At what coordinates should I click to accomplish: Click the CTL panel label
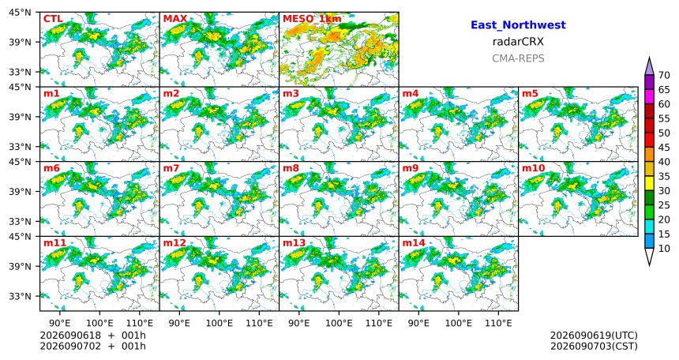(53, 19)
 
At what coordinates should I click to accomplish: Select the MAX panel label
(175, 19)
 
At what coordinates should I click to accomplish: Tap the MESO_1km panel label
(312, 19)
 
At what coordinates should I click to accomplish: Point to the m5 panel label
(530, 93)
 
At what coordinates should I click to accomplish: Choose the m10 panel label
(533, 168)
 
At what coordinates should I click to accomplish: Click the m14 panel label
(414, 243)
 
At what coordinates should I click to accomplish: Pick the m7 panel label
(171, 168)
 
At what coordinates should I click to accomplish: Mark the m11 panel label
(54, 243)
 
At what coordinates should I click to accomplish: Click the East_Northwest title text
(518, 25)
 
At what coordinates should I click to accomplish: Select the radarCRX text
(518, 42)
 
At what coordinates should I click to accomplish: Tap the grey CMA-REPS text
(518, 58)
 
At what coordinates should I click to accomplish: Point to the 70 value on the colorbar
(664, 75)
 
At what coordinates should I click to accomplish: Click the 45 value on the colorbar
(664, 148)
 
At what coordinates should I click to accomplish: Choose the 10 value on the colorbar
(664, 248)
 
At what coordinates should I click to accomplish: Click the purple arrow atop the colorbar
(649, 66)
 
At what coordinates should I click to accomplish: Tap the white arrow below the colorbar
(649, 257)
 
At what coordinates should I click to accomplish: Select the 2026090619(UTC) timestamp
(594, 336)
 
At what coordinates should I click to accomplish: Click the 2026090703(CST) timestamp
(594, 346)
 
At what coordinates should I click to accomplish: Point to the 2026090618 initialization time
(70, 336)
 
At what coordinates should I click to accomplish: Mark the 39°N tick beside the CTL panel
(20, 42)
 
